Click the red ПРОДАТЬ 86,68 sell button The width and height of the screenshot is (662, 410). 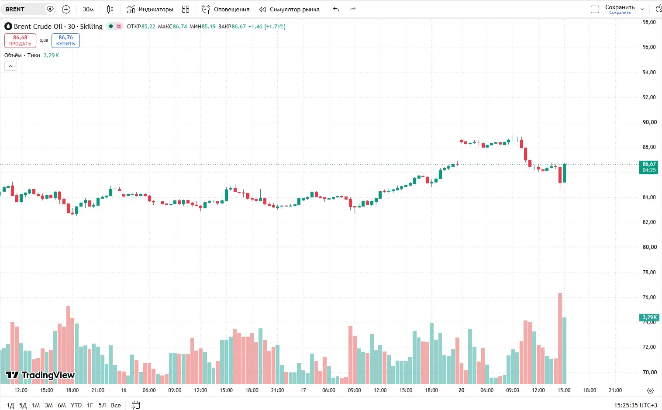(20, 41)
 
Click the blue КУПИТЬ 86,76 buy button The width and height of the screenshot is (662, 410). (66, 41)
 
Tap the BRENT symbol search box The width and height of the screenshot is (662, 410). (24, 9)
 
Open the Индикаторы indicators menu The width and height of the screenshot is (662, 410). (150, 9)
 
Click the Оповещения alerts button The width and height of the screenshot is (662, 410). (225, 9)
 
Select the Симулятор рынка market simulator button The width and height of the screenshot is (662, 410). (290, 9)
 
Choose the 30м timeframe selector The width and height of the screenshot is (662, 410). (88, 9)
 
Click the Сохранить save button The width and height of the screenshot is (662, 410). (620, 9)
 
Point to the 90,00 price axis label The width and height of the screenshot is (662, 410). (649, 122)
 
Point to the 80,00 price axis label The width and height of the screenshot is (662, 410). (649, 247)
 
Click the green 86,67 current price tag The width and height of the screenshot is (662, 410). (649, 167)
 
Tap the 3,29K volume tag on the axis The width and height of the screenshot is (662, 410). (649, 317)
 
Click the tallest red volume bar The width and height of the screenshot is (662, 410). (560, 338)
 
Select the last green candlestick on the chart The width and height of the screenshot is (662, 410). (565, 173)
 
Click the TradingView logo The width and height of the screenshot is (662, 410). (40, 375)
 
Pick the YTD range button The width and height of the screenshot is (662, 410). (76, 405)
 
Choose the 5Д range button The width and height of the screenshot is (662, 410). (23, 405)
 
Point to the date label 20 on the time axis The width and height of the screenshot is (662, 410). (461, 390)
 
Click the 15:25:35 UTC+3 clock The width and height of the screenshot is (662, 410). (636, 405)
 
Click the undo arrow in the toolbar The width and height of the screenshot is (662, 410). (336, 9)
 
